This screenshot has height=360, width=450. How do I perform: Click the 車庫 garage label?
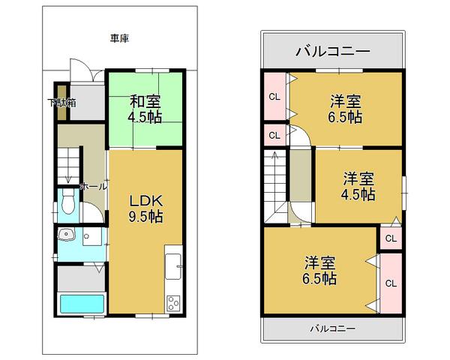pyautogui.click(x=119, y=37)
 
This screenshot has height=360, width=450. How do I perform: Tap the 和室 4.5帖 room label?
pyautogui.click(x=145, y=109)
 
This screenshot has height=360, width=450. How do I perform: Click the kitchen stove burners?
pyautogui.click(x=173, y=303)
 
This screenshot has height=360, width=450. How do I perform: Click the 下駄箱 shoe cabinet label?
pyautogui.click(x=62, y=103)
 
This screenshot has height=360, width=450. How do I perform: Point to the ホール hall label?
pyautogui.click(x=93, y=185)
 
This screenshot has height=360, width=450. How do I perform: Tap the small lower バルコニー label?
pyautogui.click(x=332, y=328)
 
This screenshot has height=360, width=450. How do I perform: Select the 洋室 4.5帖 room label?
pyautogui.click(x=359, y=186)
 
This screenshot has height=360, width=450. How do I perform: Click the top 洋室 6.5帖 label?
pyautogui.click(x=345, y=109)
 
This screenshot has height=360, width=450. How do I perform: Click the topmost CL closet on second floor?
pyautogui.click(x=274, y=95)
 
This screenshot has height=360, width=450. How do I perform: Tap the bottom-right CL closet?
pyautogui.click(x=391, y=283)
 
